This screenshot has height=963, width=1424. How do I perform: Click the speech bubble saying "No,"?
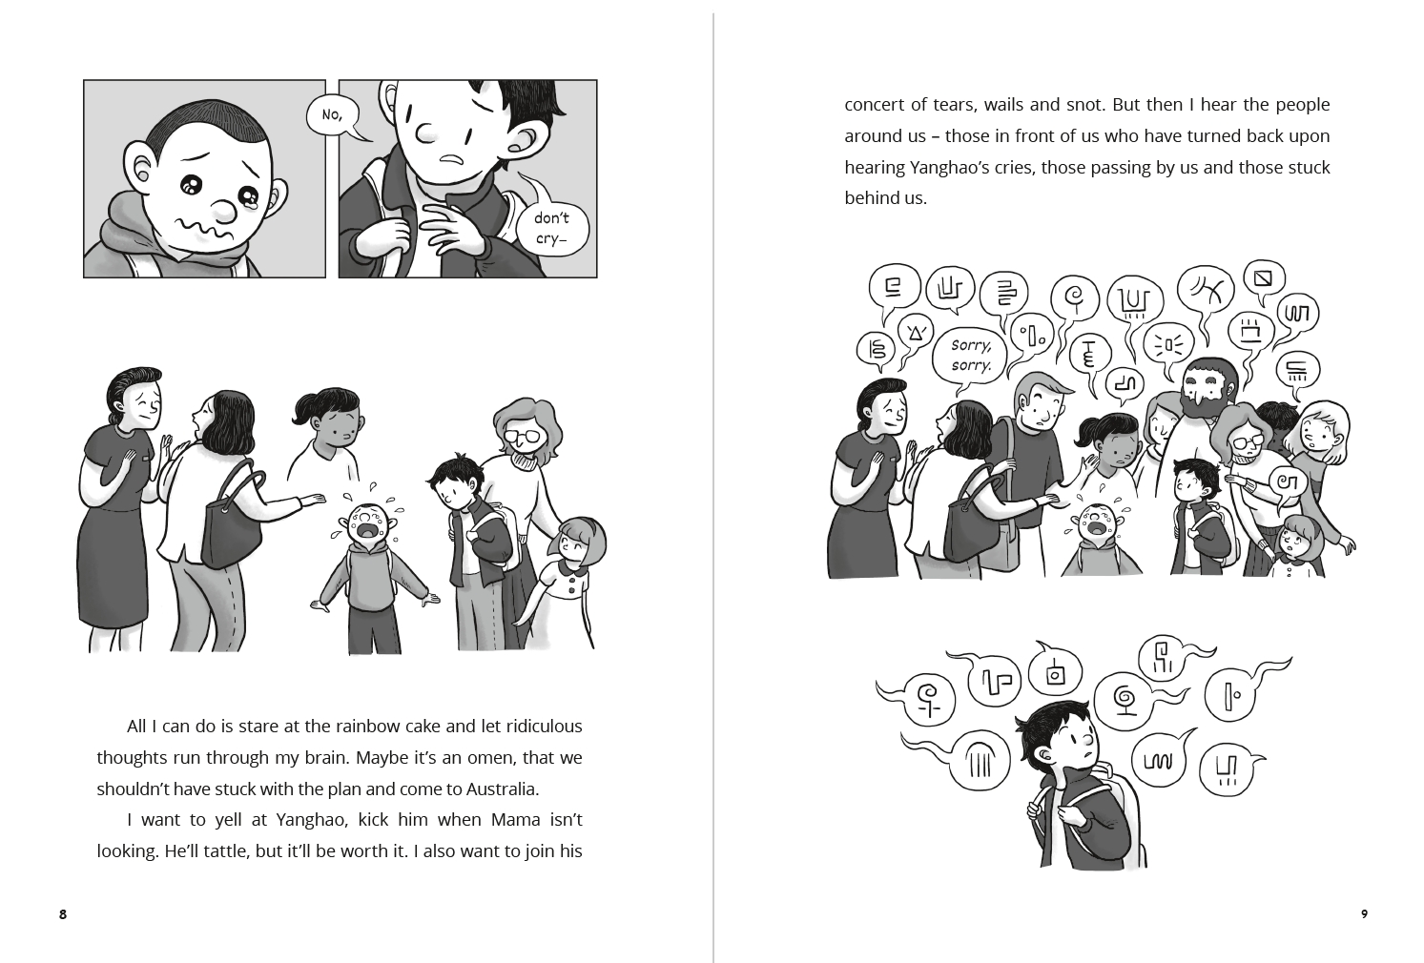pyautogui.click(x=332, y=115)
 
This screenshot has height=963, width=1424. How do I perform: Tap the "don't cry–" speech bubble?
pyautogui.click(x=551, y=230)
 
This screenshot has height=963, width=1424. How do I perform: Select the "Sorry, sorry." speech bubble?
pyautogui.click(x=971, y=356)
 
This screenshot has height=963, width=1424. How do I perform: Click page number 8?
pyautogui.click(x=63, y=914)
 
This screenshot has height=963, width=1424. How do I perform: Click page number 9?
pyautogui.click(x=1364, y=914)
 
